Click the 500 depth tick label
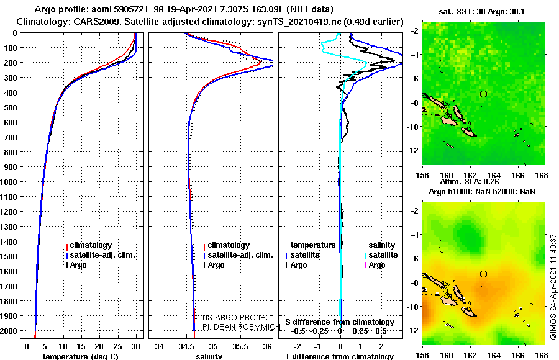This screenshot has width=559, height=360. (x=10, y=107)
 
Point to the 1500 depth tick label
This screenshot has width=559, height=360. (x=9, y=256)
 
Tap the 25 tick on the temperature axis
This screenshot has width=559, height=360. (x=117, y=346)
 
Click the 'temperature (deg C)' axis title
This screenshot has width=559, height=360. (x=80, y=356)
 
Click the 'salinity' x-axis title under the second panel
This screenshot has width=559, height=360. (x=209, y=356)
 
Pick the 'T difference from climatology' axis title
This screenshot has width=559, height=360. (x=339, y=356)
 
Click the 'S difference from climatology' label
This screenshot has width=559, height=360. (x=340, y=322)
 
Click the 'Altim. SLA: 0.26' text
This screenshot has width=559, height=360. (x=470, y=181)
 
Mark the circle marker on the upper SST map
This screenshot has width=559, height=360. (x=483, y=94)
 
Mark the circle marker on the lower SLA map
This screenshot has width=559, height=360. (x=483, y=274)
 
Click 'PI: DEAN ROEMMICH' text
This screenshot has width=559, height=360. (x=242, y=326)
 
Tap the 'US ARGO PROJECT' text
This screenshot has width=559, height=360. (x=237, y=317)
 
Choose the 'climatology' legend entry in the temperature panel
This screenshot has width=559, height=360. (x=89, y=245)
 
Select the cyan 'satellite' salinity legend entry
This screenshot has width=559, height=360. (x=381, y=255)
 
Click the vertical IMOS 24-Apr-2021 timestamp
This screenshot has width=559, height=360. (x=553, y=287)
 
